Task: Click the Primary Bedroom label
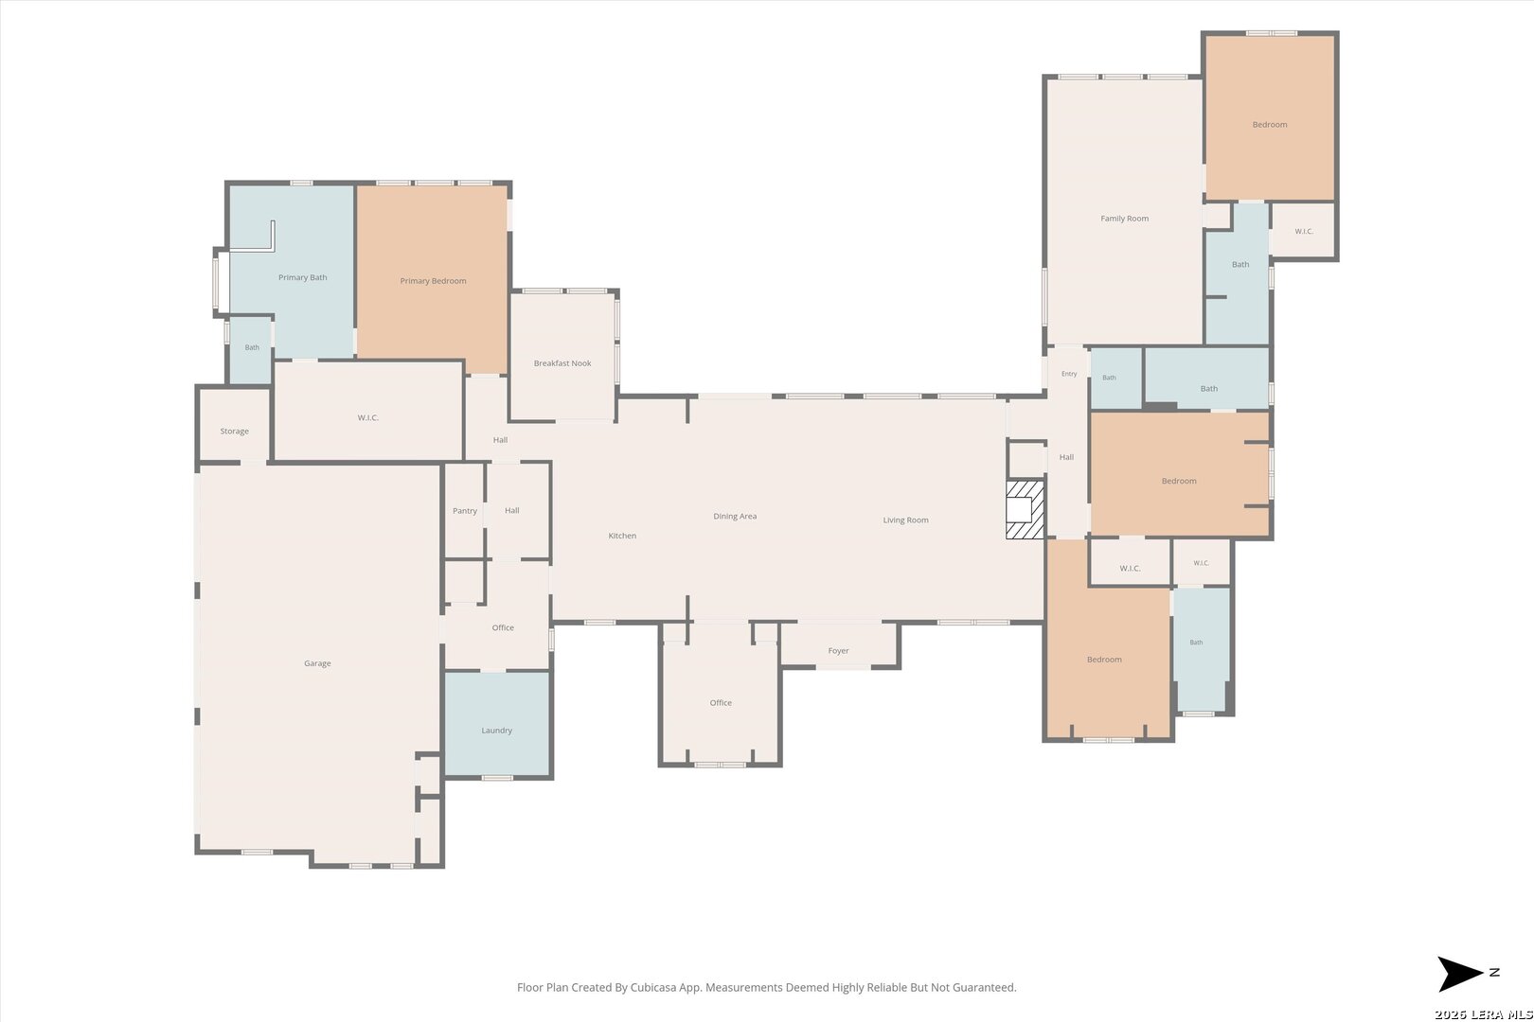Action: coord(433,281)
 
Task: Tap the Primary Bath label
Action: coord(303,277)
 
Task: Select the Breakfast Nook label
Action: coord(562,362)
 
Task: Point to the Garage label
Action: coord(317,663)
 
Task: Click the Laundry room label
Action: coord(496,731)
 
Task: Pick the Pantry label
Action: coord(465,511)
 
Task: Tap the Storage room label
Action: coord(234,432)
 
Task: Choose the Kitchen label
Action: coord(622,536)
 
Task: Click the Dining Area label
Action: coord(735,516)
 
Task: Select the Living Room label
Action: coord(905,520)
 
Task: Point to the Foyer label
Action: coord(838,651)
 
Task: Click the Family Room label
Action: coord(1125,219)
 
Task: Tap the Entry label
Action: coord(1069,374)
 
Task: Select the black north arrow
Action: coord(1458,974)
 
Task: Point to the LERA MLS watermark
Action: coord(1483,1014)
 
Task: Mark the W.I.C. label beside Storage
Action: coord(367,417)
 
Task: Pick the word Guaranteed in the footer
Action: coord(983,987)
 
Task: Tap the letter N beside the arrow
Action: coord(1494,972)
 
